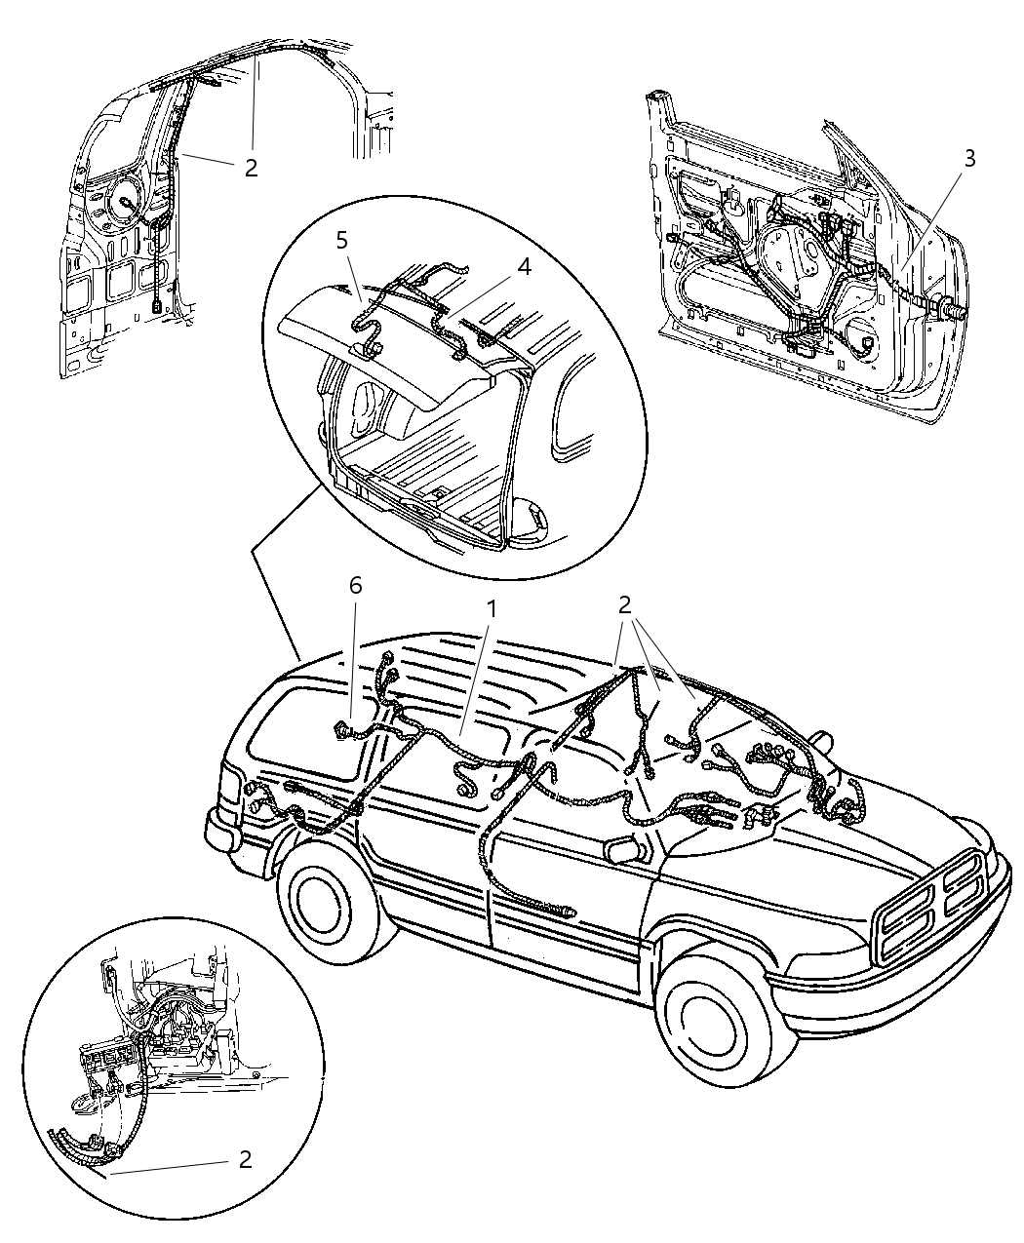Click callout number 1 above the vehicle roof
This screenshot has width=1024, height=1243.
[493, 609]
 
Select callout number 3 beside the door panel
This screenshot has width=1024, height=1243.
[966, 159]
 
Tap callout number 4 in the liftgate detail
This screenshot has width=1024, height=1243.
[524, 266]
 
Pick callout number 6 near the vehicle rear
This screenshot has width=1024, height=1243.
[355, 585]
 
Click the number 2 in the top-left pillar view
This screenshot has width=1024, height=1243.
[251, 168]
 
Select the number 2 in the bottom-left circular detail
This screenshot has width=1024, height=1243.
[245, 1159]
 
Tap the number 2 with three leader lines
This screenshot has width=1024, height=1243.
[625, 605]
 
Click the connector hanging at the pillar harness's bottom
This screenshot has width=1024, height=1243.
[156, 303]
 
